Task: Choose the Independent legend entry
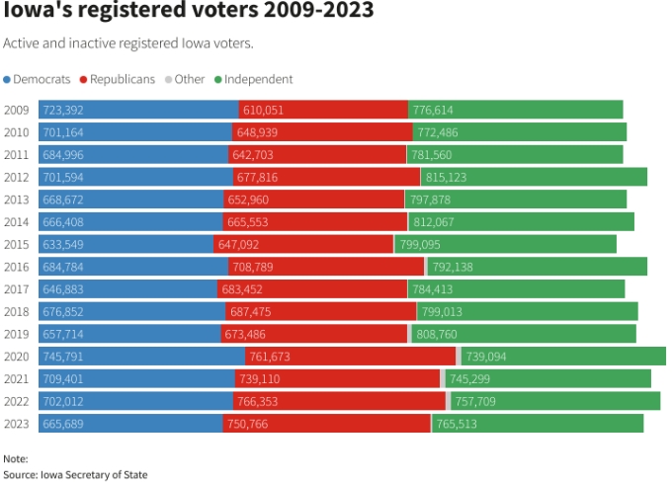point(254,79)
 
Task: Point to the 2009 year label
point(17,111)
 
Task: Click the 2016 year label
point(17,266)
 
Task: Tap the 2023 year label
point(17,423)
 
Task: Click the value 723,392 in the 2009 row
point(62,111)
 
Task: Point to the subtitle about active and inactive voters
point(128,43)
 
